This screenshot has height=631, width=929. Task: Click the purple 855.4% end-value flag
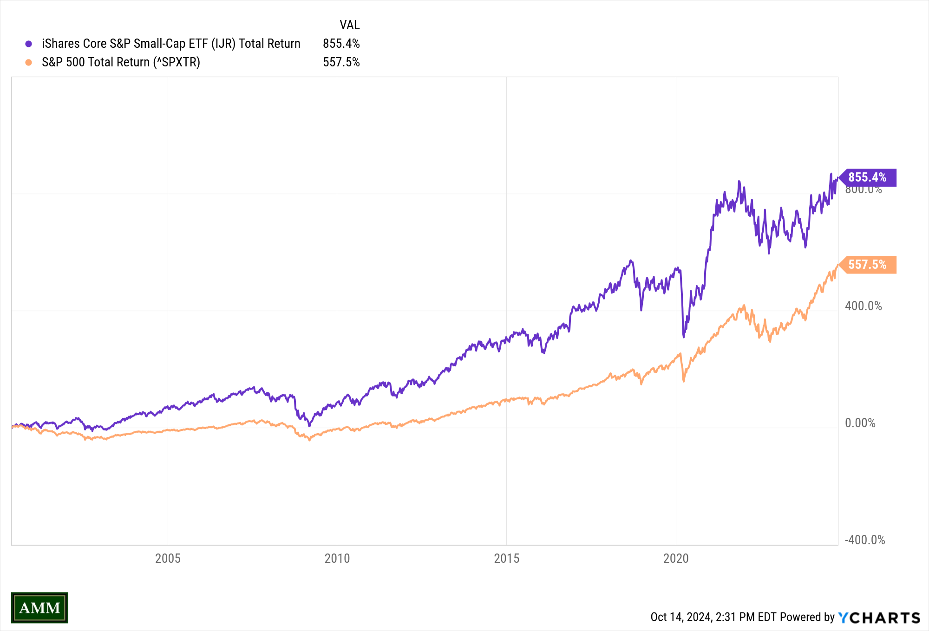pos(867,177)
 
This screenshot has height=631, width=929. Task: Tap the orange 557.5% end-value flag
pos(867,265)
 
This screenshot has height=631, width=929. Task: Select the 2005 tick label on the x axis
pos(168,558)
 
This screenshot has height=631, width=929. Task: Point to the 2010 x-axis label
pos(337,558)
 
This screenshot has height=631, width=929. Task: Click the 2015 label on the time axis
pos(506,558)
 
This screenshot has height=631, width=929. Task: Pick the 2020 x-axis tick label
pos(676,558)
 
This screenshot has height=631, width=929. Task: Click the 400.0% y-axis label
pos(863,306)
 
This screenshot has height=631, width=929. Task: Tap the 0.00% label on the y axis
pos(860,423)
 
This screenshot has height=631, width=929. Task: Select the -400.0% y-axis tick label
pos(864,540)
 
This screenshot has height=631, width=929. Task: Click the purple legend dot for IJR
pos(29,44)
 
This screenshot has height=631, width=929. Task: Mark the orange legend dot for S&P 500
pos(29,62)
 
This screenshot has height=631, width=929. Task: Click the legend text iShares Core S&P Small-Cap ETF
pos(171,44)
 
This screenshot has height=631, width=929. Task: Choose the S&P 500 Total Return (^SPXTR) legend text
pos(121,62)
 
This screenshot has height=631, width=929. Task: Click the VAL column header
pos(349,25)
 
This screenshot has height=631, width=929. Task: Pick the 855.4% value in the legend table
pos(341,44)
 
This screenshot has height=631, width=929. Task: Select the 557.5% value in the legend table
pos(341,62)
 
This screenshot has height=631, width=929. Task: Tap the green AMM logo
pos(39,607)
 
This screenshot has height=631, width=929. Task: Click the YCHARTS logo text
pos(879,618)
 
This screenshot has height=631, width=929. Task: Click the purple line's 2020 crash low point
pos(684,336)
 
